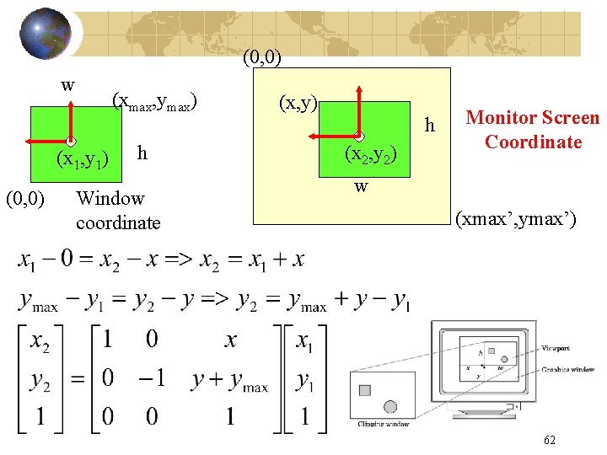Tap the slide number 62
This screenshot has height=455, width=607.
pos(550,440)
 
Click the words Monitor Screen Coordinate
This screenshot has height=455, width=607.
pos(533,130)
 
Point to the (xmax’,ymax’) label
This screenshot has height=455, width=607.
pos(516,221)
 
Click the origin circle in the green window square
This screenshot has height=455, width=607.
pos(72,141)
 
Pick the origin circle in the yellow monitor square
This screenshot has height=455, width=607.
pos(358,136)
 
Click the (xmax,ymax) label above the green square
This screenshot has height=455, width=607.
pos(154,102)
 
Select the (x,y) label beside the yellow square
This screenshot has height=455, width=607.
pos(298,103)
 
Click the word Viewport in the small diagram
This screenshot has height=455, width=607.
pos(556,348)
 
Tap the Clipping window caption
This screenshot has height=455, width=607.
pos(384,424)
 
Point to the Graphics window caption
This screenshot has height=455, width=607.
pos(567,369)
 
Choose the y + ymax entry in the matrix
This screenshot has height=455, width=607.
pos(229,380)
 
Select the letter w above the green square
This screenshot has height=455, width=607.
pos(68,84)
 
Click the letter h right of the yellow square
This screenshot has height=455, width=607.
pos(430,126)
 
